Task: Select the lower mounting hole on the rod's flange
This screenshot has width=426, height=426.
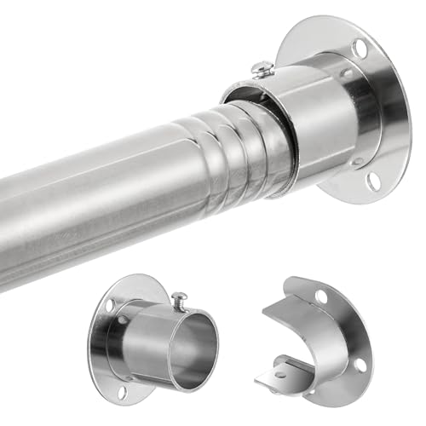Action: pos(372,181)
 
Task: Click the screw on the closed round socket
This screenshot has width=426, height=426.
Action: pos(181,299)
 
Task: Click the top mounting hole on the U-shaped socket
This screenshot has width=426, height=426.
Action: pos(321,296)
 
